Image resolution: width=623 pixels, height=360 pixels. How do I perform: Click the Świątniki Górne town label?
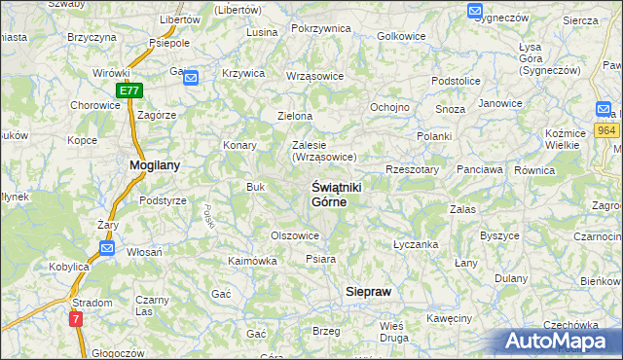tap(329, 193)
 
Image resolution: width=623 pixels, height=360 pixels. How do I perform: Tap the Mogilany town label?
tap(154, 165)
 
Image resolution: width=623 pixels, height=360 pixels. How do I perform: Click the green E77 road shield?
tap(130, 90)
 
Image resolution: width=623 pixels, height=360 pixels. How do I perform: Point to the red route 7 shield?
tap(77, 318)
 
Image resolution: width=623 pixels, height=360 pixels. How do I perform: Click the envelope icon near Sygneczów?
tap(474, 12)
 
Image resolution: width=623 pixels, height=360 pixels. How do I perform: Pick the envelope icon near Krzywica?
tap(191, 78)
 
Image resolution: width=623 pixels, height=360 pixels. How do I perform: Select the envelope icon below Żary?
tap(107, 248)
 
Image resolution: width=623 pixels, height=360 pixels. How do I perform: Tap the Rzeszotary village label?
tap(413, 168)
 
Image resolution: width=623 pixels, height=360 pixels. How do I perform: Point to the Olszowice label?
tap(295, 234)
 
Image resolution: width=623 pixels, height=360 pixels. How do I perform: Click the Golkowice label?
tap(401, 36)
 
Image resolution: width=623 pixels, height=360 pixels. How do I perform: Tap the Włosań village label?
tap(145, 251)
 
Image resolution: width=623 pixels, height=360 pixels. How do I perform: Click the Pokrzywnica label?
tap(320, 28)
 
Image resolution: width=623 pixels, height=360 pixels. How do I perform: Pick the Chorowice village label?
tap(95, 105)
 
